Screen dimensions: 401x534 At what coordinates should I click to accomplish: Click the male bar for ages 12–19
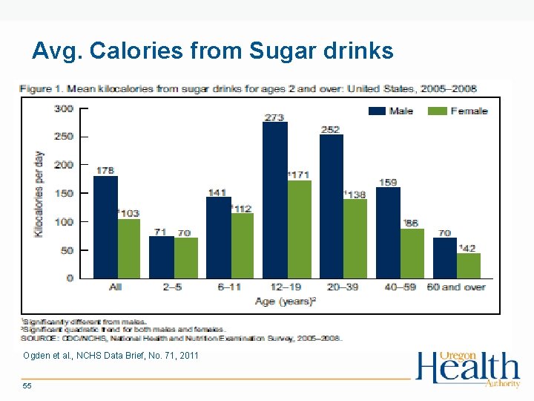275,200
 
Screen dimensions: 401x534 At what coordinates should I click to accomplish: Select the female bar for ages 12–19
299,229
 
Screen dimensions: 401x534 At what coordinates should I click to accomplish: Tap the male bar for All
105,226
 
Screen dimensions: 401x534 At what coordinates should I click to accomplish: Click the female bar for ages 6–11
243,245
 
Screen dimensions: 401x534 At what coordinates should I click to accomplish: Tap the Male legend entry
392,111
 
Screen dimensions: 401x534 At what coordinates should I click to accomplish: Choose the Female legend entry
458,111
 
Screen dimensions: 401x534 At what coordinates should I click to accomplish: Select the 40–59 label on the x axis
400,287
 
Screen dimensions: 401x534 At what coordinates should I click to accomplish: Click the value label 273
275,117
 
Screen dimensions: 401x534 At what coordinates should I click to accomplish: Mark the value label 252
331,129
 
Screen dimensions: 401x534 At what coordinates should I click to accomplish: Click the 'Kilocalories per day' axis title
38,193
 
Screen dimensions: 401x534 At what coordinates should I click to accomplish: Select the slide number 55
27,387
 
